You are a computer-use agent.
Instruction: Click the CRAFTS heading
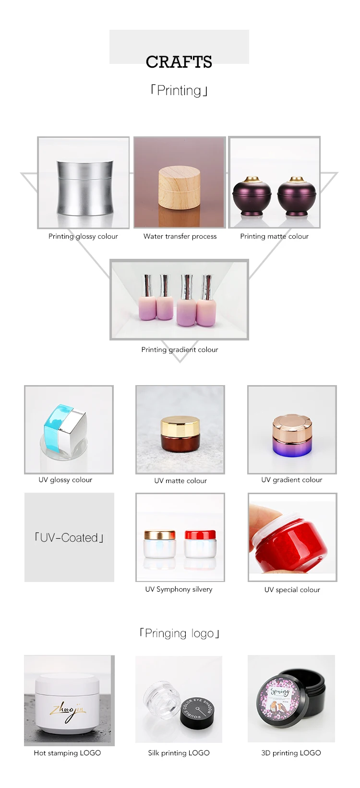point(179,62)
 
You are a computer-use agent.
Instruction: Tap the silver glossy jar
point(85,187)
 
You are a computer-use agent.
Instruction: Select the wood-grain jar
point(179,188)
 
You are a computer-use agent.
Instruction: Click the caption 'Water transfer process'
point(180,236)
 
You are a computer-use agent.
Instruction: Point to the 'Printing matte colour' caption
point(274,236)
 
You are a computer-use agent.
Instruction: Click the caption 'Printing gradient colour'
point(180,350)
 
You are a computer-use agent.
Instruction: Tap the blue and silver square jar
point(65,429)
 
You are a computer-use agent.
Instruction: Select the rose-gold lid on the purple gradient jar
point(292,425)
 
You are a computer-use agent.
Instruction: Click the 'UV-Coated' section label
point(69,537)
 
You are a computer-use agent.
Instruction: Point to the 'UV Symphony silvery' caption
point(179,589)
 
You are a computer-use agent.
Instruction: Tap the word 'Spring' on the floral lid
point(280,691)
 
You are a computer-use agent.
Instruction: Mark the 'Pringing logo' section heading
point(180,633)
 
